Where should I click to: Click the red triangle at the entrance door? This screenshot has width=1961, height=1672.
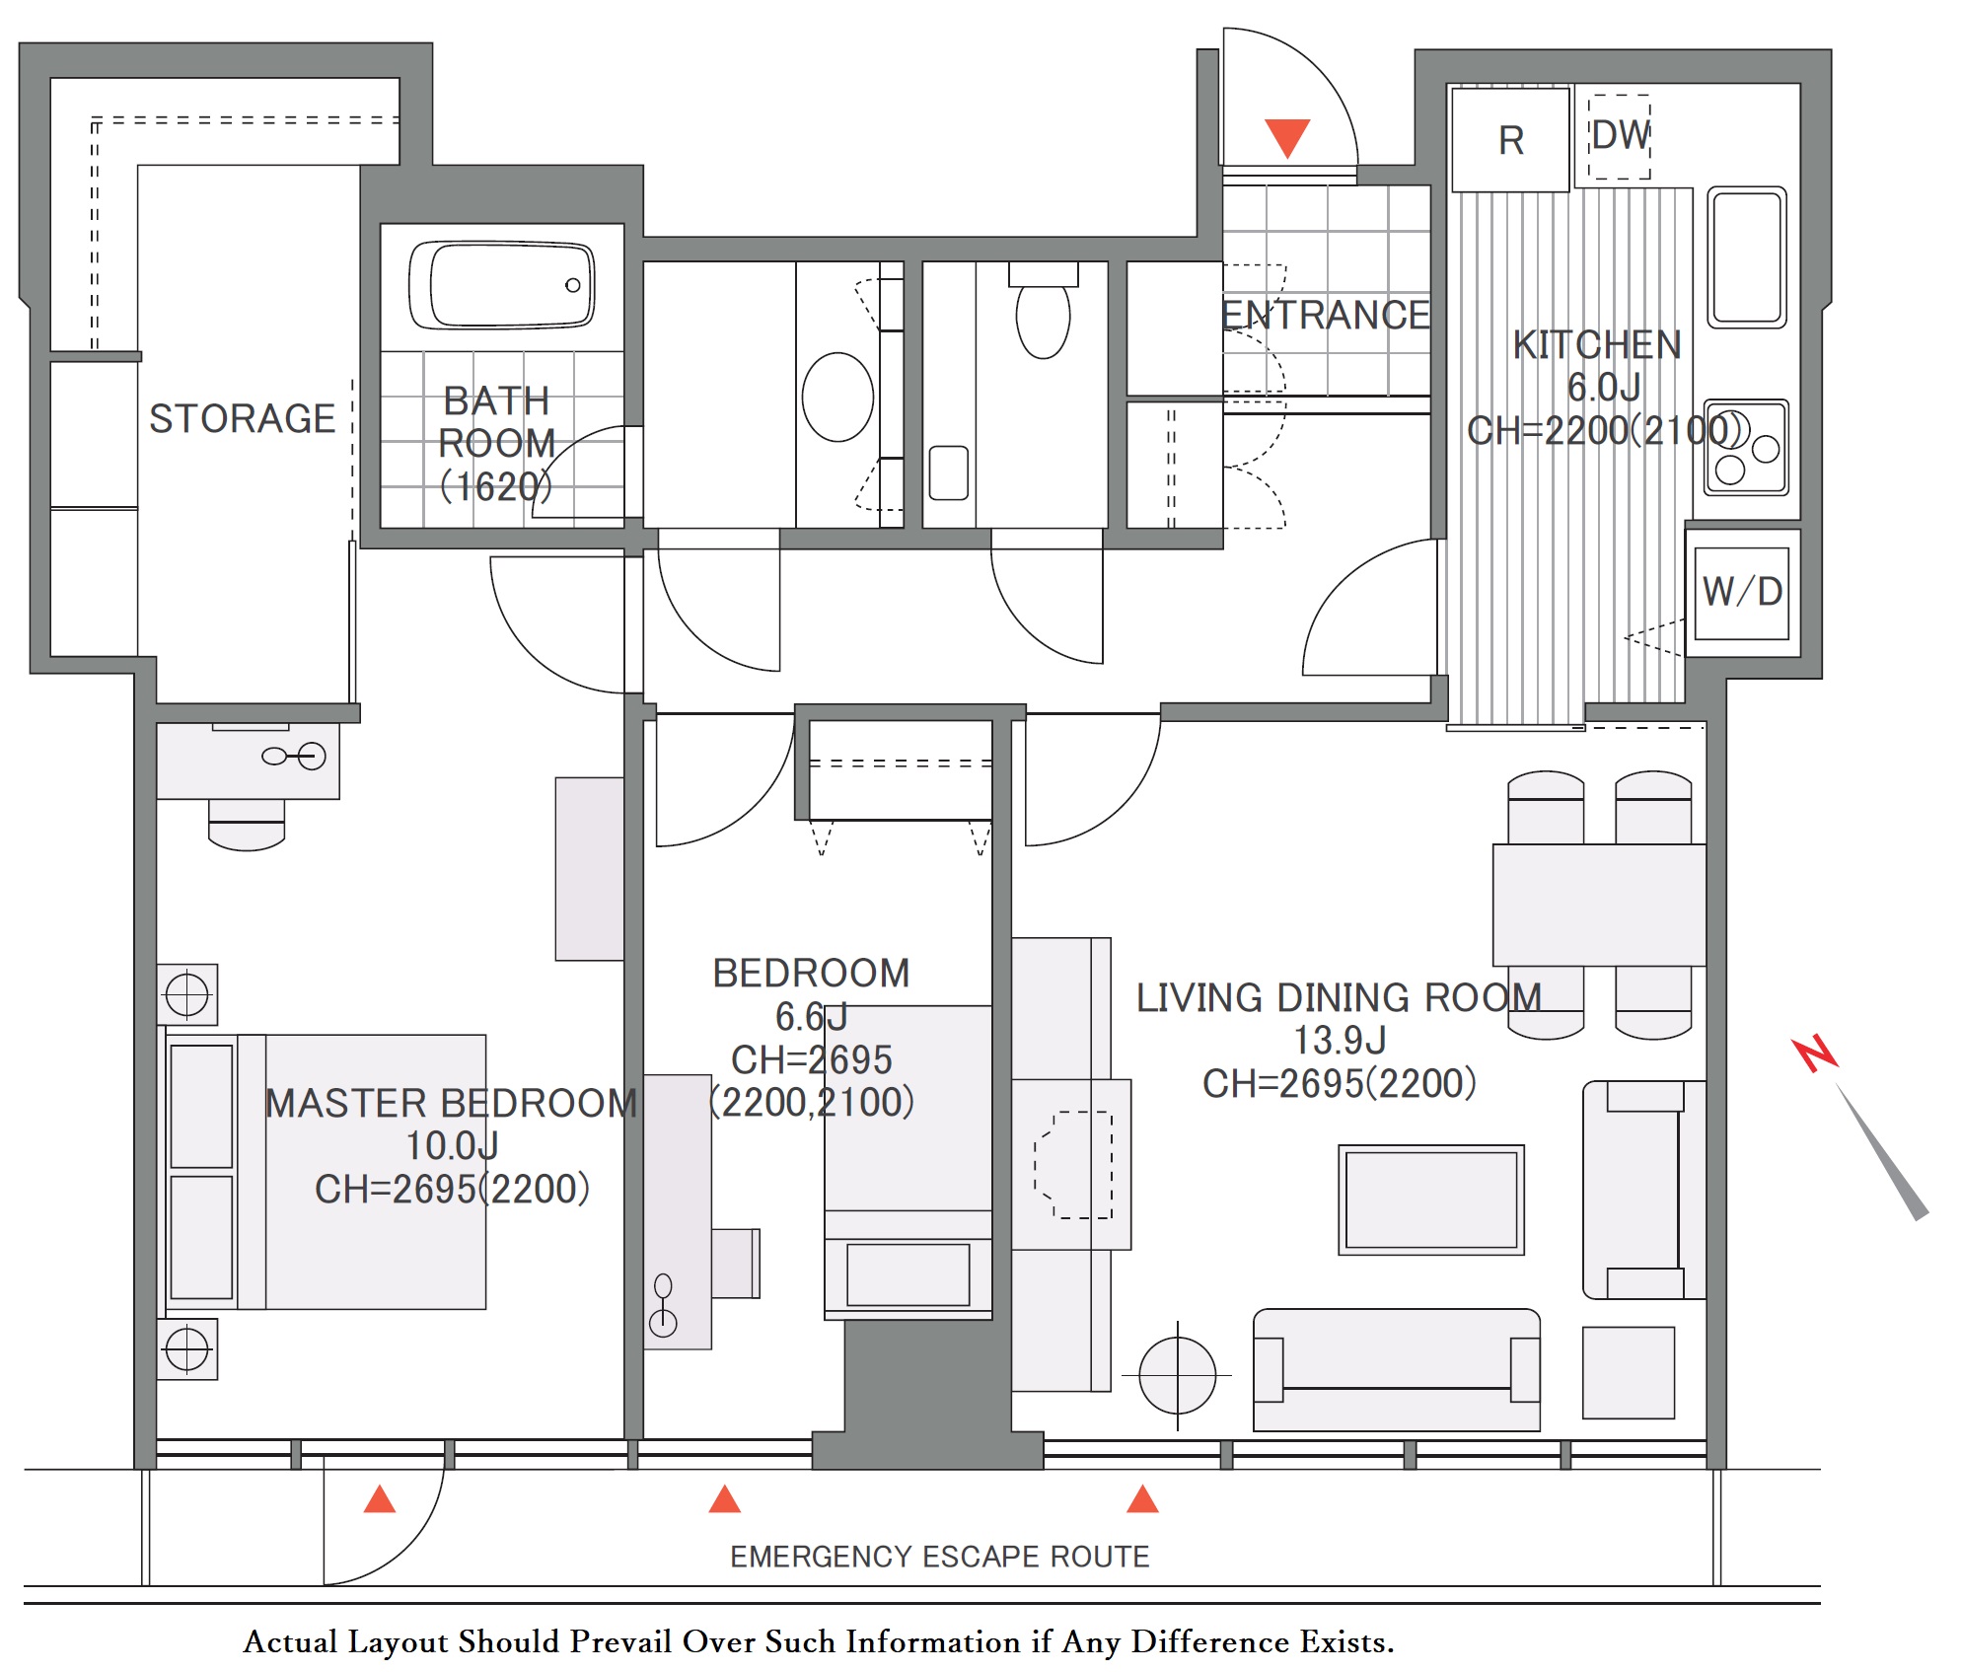[x=1287, y=137]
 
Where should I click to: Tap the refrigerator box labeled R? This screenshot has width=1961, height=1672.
[x=1510, y=140]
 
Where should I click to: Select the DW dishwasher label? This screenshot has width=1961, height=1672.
[x=1621, y=135]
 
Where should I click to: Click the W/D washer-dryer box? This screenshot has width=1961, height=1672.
[x=1742, y=593]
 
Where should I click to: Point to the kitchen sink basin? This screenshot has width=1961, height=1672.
[x=1747, y=256]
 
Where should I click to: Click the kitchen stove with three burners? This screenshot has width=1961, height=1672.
[x=1746, y=447]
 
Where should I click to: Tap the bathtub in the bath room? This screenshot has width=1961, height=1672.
[x=502, y=284]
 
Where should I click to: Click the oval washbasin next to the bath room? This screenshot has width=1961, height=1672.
[x=837, y=397]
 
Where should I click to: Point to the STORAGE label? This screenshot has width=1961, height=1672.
[x=242, y=418]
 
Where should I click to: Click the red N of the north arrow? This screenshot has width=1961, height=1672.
[x=1815, y=1054]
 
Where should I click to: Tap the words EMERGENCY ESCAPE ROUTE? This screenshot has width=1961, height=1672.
[x=940, y=1557]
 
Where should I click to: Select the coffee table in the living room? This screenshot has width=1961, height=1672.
[x=1431, y=1199]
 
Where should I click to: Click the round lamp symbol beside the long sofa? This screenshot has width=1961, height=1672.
[x=1177, y=1375]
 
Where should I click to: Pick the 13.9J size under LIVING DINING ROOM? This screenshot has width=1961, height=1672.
[x=1340, y=1041]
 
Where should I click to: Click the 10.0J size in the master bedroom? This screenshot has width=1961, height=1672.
[x=452, y=1146]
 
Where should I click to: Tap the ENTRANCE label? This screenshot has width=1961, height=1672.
[x=1326, y=316]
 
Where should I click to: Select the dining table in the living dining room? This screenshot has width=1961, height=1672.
[x=1599, y=905]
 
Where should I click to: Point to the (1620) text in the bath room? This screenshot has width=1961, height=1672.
[x=496, y=486]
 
